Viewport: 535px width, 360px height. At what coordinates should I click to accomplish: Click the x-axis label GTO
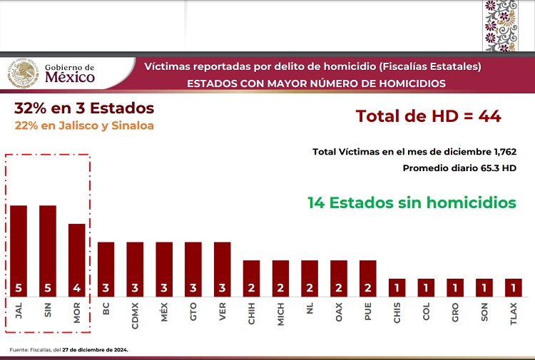(x=193, y=313)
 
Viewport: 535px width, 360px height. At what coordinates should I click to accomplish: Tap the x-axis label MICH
(x=280, y=314)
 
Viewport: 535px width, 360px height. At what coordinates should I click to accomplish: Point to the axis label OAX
(x=339, y=314)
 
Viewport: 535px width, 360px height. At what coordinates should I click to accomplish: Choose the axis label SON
(x=484, y=314)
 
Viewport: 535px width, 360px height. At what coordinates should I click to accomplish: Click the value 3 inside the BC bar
(x=106, y=289)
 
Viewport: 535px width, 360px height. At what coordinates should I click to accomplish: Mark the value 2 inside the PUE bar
(x=367, y=289)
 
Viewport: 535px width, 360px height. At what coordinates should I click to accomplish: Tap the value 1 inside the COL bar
(x=426, y=289)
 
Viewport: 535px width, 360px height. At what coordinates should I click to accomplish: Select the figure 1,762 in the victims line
(x=500, y=152)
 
